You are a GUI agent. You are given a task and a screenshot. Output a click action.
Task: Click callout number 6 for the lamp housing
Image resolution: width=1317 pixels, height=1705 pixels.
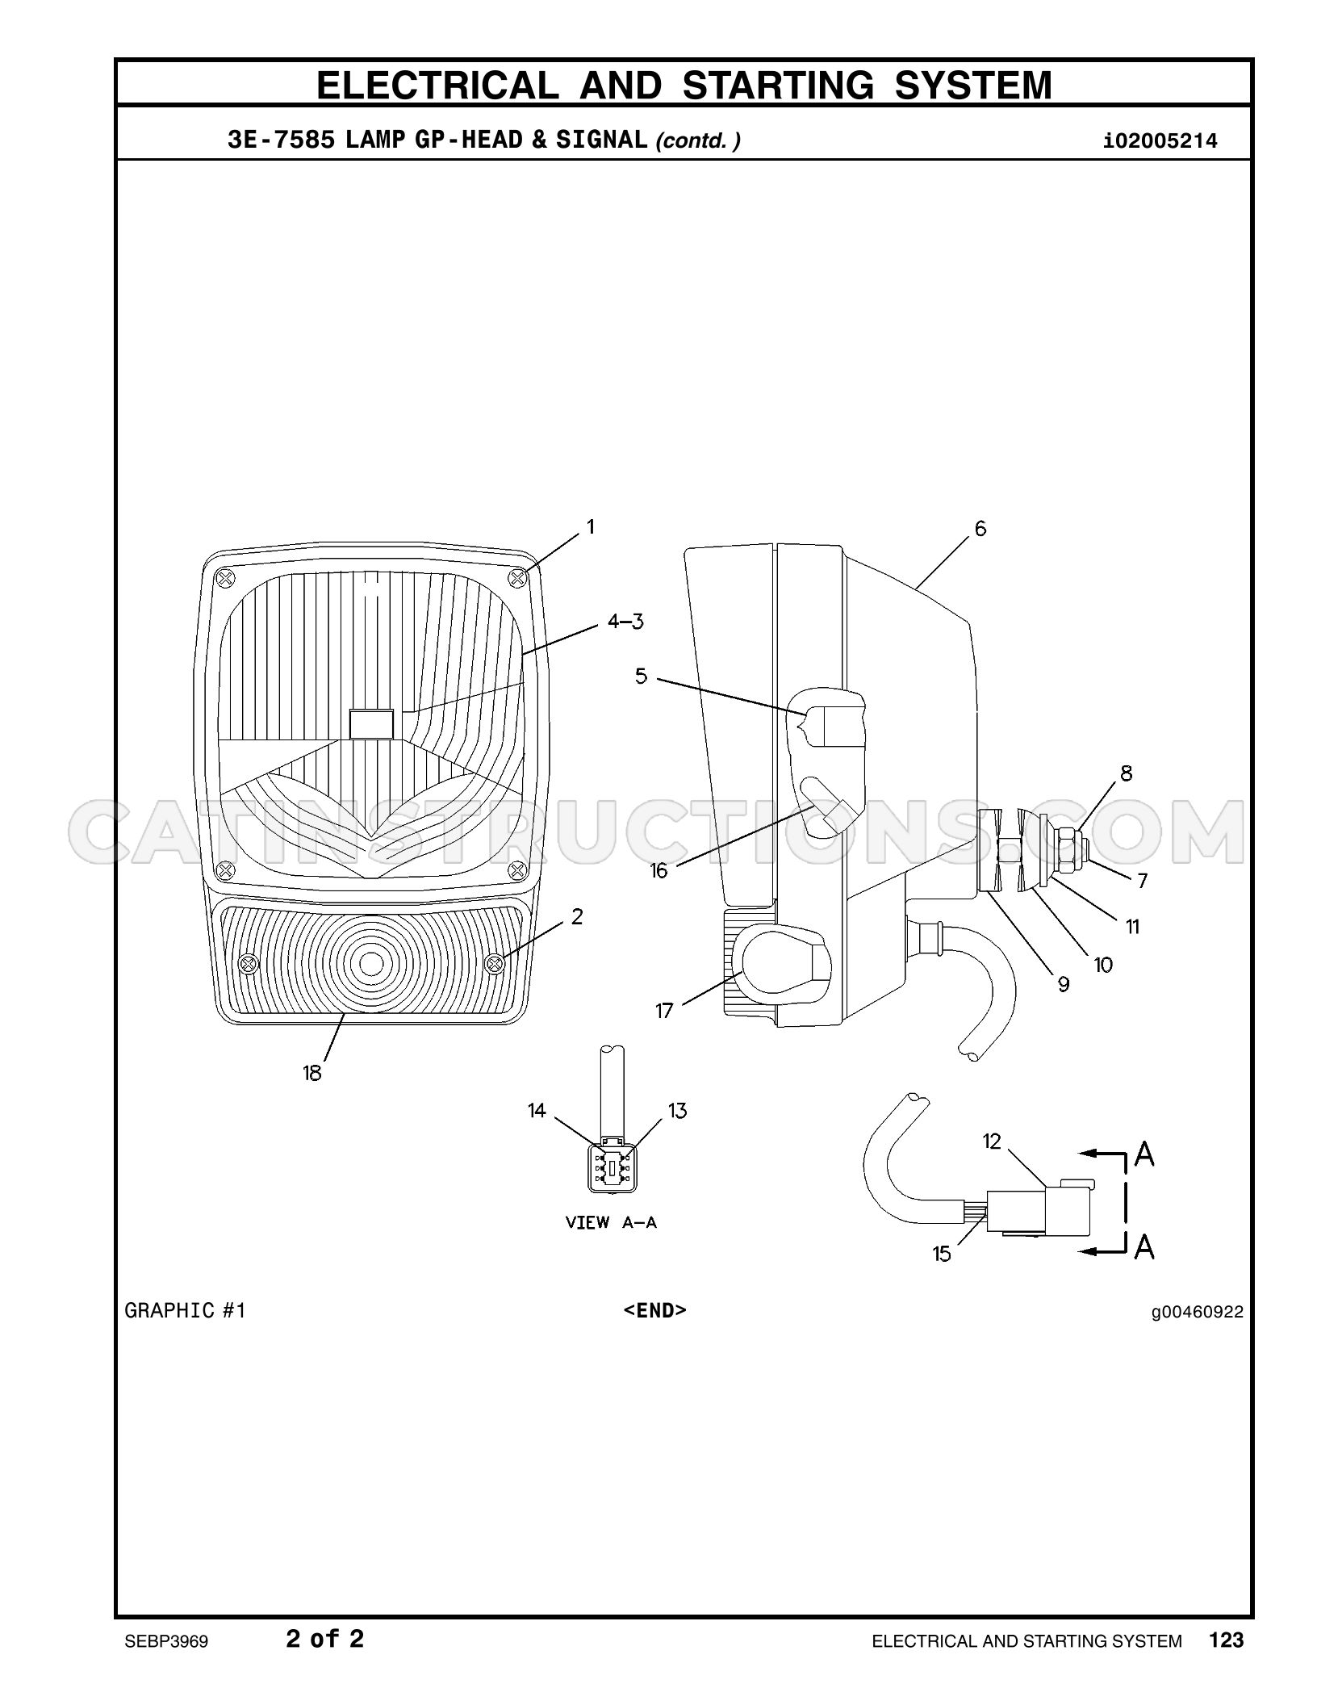[x=980, y=529]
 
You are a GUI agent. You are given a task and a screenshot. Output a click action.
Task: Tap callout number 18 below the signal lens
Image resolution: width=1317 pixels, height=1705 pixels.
[x=312, y=1073]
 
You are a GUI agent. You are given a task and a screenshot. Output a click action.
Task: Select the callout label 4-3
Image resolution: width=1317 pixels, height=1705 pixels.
[x=626, y=622]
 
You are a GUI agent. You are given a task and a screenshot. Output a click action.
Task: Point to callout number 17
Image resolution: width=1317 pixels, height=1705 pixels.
[x=664, y=1011]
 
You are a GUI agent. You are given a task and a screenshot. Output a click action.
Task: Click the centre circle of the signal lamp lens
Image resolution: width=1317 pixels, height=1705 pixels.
[x=371, y=963]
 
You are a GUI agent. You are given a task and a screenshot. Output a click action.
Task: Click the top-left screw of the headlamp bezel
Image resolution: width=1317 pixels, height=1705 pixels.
[x=226, y=578]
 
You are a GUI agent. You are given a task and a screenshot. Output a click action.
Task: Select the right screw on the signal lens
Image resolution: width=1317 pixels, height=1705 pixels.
[x=494, y=963]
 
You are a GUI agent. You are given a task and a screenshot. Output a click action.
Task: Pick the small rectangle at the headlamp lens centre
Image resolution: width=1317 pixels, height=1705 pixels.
[x=371, y=723]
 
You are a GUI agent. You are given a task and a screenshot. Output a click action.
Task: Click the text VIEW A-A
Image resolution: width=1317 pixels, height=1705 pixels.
[x=611, y=1222]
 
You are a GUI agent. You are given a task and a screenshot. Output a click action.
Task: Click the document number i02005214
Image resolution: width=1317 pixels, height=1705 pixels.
[x=1160, y=141]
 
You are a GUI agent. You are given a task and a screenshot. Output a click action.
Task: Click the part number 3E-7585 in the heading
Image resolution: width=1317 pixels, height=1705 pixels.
[x=281, y=140]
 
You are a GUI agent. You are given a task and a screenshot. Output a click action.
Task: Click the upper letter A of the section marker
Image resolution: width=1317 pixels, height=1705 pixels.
[x=1144, y=1154]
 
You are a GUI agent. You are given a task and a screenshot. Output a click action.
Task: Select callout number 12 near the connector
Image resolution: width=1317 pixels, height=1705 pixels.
[x=992, y=1142]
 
